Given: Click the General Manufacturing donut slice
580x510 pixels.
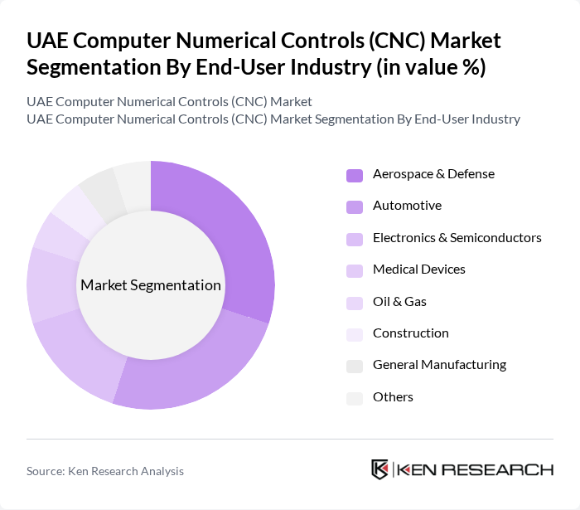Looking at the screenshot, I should pyautogui.click(x=100, y=192).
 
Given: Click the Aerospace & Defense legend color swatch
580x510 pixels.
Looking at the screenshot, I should pyautogui.click(x=355, y=175).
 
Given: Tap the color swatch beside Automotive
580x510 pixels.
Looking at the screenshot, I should pyautogui.click(x=355, y=206).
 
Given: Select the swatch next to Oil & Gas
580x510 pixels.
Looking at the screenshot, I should pyautogui.click(x=355, y=303).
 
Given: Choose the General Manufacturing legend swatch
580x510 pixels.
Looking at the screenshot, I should pyautogui.click(x=355, y=366).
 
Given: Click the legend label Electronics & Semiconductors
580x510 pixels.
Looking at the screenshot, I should pyautogui.click(x=457, y=238).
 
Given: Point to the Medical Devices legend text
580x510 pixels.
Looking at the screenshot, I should pyautogui.click(x=418, y=270).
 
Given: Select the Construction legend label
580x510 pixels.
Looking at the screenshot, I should pyautogui.click(x=410, y=333).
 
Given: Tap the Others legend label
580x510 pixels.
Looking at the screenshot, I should pyautogui.click(x=393, y=397).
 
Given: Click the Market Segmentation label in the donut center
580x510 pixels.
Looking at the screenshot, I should pyautogui.click(x=151, y=285).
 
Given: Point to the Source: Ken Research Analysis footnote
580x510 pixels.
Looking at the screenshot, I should pyautogui.click(x=105, y=471).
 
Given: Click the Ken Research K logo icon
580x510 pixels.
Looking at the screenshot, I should pyautogui.click(x=380, y=469).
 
